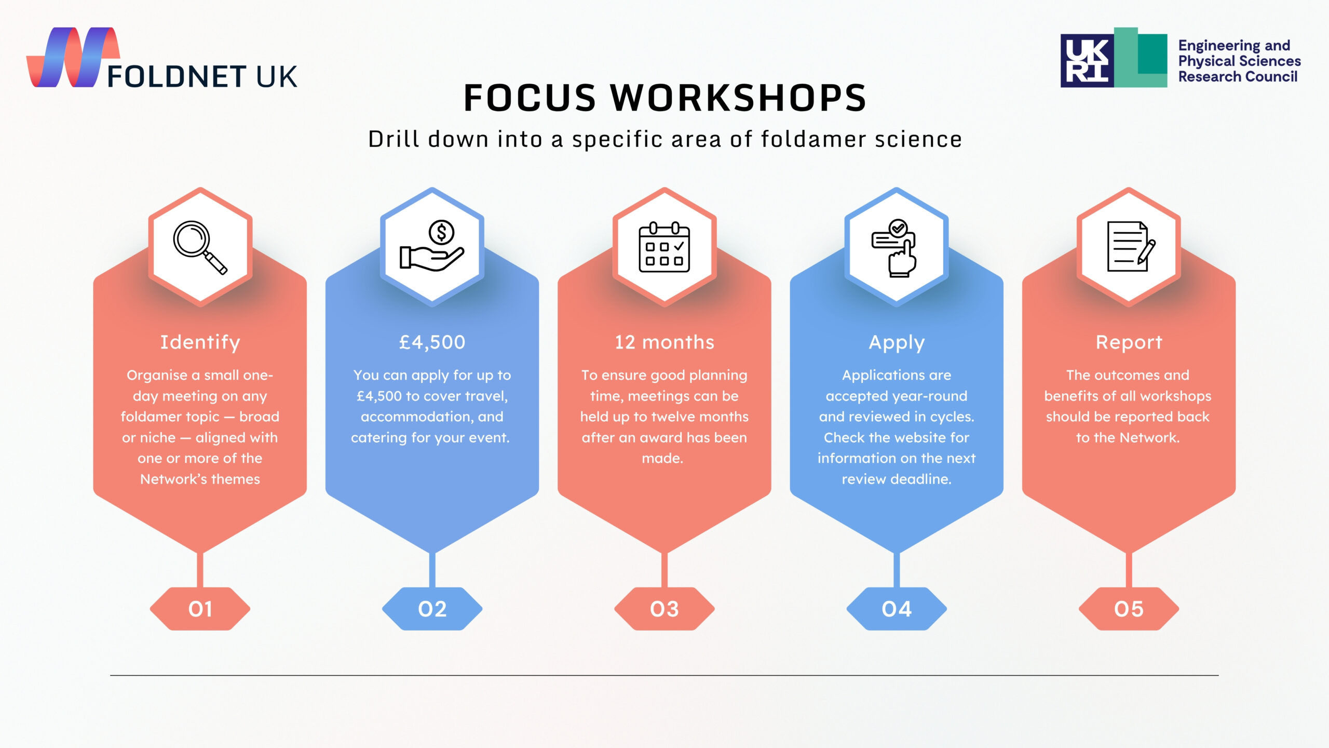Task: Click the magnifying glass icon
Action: coord(200,247)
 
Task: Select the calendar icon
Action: coord(664,247)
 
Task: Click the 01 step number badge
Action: coord(200,609)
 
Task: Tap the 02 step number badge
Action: coord(432,609)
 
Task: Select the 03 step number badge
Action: coord(664,609)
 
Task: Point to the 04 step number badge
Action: coord(897,609)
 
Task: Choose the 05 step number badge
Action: coord(1129,609)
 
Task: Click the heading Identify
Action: coord(200,343)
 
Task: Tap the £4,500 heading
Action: coord(432,342)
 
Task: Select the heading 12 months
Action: coord(664,342)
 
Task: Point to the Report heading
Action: coord(1129,342)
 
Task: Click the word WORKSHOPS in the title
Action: coord(738,98)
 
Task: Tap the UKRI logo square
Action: coord(1087,60)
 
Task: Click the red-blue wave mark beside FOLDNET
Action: coord(73,57)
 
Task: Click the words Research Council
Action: coord(1238,77)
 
